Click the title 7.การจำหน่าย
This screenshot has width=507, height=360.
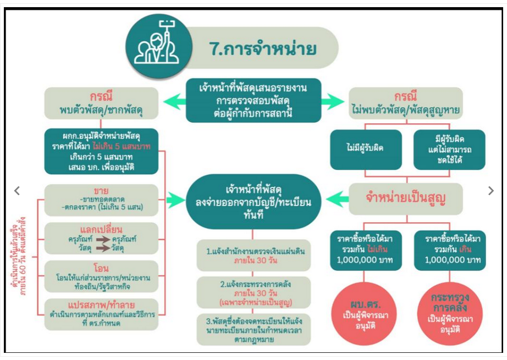click(x=262, y=49)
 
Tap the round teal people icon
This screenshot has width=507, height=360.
click(x=152, y=44)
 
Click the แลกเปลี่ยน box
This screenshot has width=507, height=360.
click(x=102, y=238)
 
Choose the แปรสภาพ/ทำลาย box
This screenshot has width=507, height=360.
click(x=102, y=313)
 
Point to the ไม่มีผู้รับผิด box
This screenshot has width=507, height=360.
click(x=365, y=149)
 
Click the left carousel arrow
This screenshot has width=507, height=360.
click(x=17, y=191)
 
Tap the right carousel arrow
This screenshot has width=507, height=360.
click(x=491, y=191)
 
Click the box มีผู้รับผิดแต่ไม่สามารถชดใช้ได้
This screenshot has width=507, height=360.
click(x=449, y=149)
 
